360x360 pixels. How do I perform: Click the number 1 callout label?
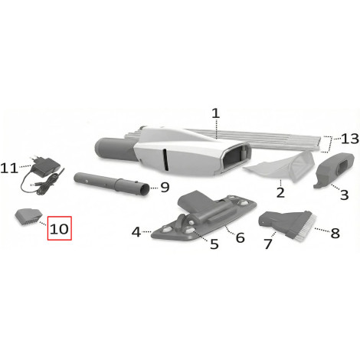[216, 113]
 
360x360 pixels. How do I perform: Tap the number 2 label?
[280, 192]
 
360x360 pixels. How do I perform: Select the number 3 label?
[345, 195]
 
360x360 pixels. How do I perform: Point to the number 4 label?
[136, 232]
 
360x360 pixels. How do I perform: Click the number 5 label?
[214, 244]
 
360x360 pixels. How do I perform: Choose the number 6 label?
[241, 237]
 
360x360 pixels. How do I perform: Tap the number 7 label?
[268, 244]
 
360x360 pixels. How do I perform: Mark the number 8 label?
[335, 233]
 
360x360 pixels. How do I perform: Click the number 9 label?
[165, 187]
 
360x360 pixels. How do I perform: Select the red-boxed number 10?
[59, 229]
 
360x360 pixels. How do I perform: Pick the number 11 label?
[9, 169]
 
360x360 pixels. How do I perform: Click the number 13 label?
[350, 139]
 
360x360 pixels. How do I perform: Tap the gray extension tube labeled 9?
[112, 184]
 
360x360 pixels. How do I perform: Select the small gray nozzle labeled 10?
[28, 217]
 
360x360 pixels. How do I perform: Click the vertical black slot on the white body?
[165, 159]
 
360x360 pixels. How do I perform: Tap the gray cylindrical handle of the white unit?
[115, 149]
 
